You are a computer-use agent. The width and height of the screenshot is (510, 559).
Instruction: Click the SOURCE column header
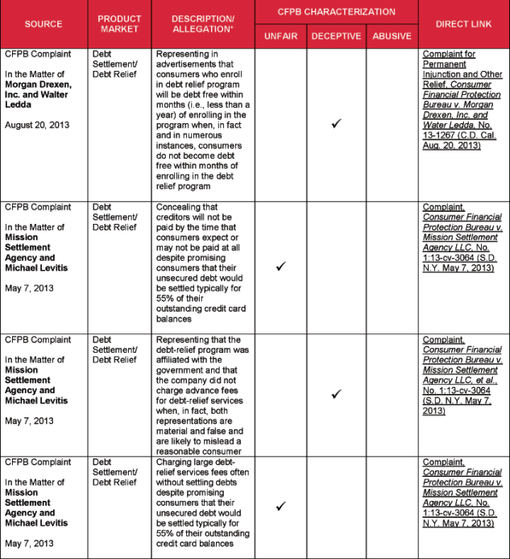pyautogui.click(x=44, y=23)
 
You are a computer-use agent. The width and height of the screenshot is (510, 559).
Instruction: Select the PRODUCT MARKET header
pyautogui.click(x=119, y=23)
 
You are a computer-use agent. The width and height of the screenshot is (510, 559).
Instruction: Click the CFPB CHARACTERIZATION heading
pyautogui.click(x=337, y=11)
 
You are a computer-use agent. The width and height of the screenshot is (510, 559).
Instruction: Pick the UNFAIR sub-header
pyautogui.click(x=280, y=36)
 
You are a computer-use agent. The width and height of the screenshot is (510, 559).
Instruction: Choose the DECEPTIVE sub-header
pyautogui.click(x=336, y=36)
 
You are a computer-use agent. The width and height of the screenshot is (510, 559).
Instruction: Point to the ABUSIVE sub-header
pyautogui.click(x=392, y=36)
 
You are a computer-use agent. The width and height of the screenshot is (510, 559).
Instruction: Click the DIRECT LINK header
pyautogui.click(x=464, y=23)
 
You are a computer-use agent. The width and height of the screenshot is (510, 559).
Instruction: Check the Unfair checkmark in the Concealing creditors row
pyautogui.click(x=280, y=265)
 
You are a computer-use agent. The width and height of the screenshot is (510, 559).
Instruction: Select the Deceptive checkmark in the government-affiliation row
pyautogui.click(x=337, y=393)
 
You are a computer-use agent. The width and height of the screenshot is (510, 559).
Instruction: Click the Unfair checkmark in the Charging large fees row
pyautogui.click(x=280, y=506)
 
